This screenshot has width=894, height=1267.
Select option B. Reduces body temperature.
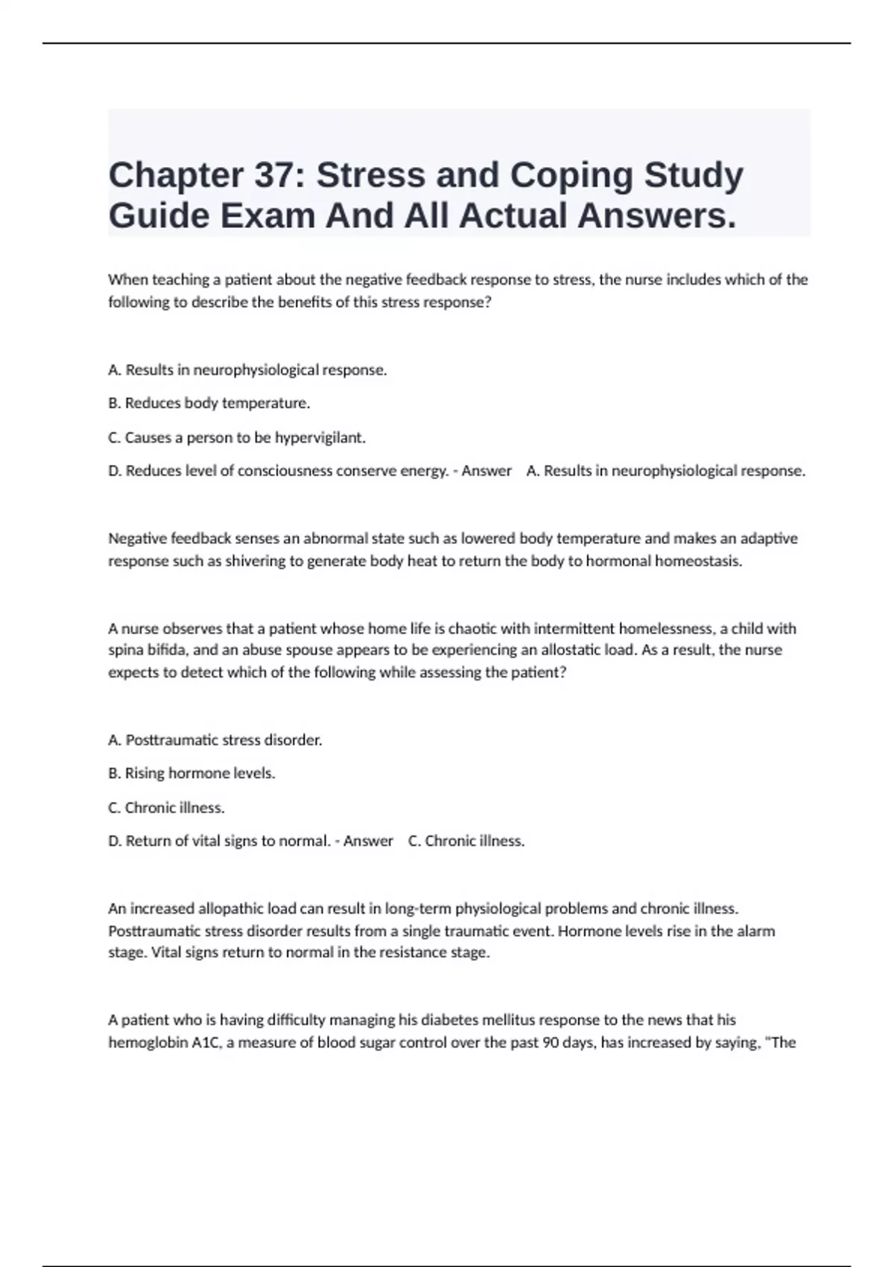coord(209,403)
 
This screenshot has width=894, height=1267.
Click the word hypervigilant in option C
coord(319,437)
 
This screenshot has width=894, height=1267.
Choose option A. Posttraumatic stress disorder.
coord(215,740)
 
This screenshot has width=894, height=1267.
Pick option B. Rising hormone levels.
coord(191,774)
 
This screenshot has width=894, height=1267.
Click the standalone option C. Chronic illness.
coord(166,808)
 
